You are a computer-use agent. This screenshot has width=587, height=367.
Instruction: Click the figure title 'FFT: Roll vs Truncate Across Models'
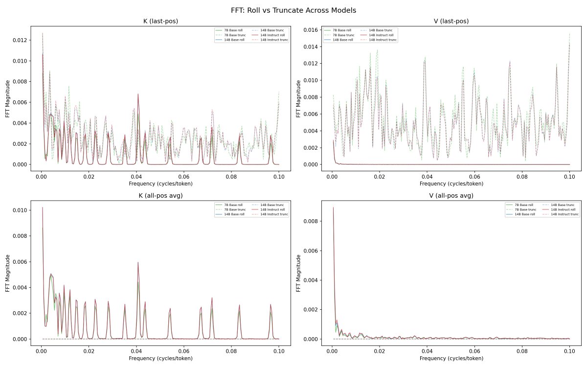[293, 10]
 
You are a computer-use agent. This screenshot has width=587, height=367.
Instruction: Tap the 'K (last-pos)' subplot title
[161, 21]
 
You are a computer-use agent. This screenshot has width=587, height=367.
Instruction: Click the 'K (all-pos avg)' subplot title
[161, 196]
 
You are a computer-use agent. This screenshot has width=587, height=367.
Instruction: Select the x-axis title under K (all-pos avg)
[161, 359]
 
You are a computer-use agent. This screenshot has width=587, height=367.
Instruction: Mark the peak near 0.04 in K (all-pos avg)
[138, 263]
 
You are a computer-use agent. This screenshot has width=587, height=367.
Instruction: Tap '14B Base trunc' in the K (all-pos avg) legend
[273, 205]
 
